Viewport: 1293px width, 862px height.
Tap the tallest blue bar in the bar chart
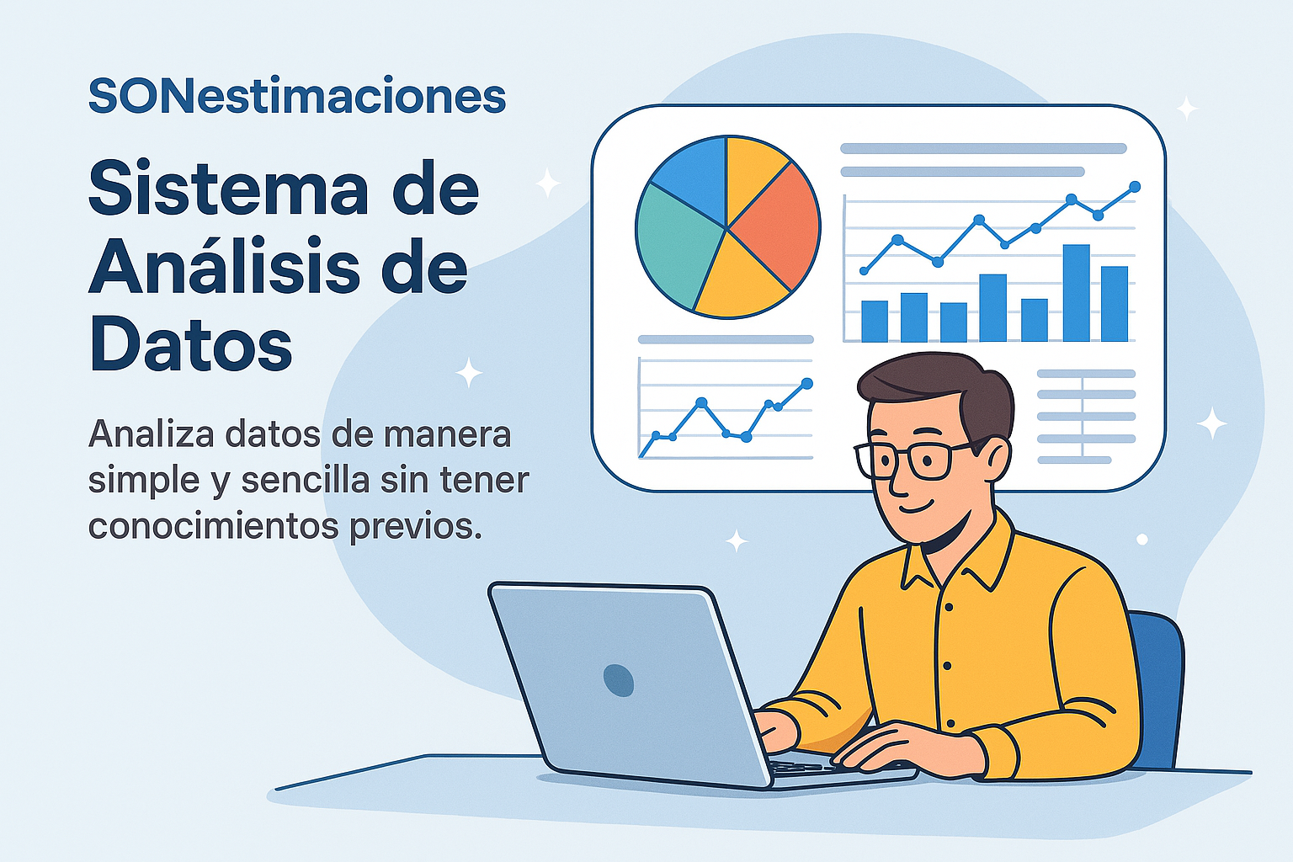click(1076, 293)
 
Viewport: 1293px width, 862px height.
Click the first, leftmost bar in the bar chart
click(875, 321)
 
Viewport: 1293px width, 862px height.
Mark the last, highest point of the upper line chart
click(1134, 187)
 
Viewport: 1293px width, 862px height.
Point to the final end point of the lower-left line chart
click(807, 383)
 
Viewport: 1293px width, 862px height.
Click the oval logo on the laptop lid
click(618, 680)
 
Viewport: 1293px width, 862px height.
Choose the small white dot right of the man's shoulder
click(1141, 540)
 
